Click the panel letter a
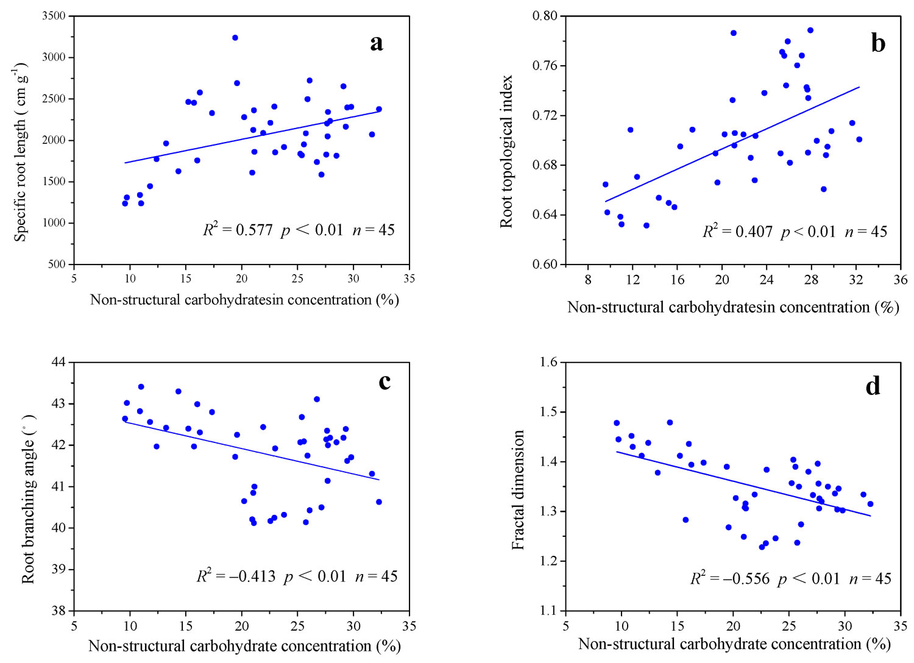[377, 43]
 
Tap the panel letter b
[878, 43]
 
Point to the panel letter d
[873, 385]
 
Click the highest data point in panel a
[235, 38]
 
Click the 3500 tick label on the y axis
[54, 16]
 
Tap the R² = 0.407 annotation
[737, 232]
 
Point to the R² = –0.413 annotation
[236, 576]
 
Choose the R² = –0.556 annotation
[729, 578]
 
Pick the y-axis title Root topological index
[506, 152]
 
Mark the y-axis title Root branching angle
[28, 499]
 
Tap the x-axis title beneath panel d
[734, 644]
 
